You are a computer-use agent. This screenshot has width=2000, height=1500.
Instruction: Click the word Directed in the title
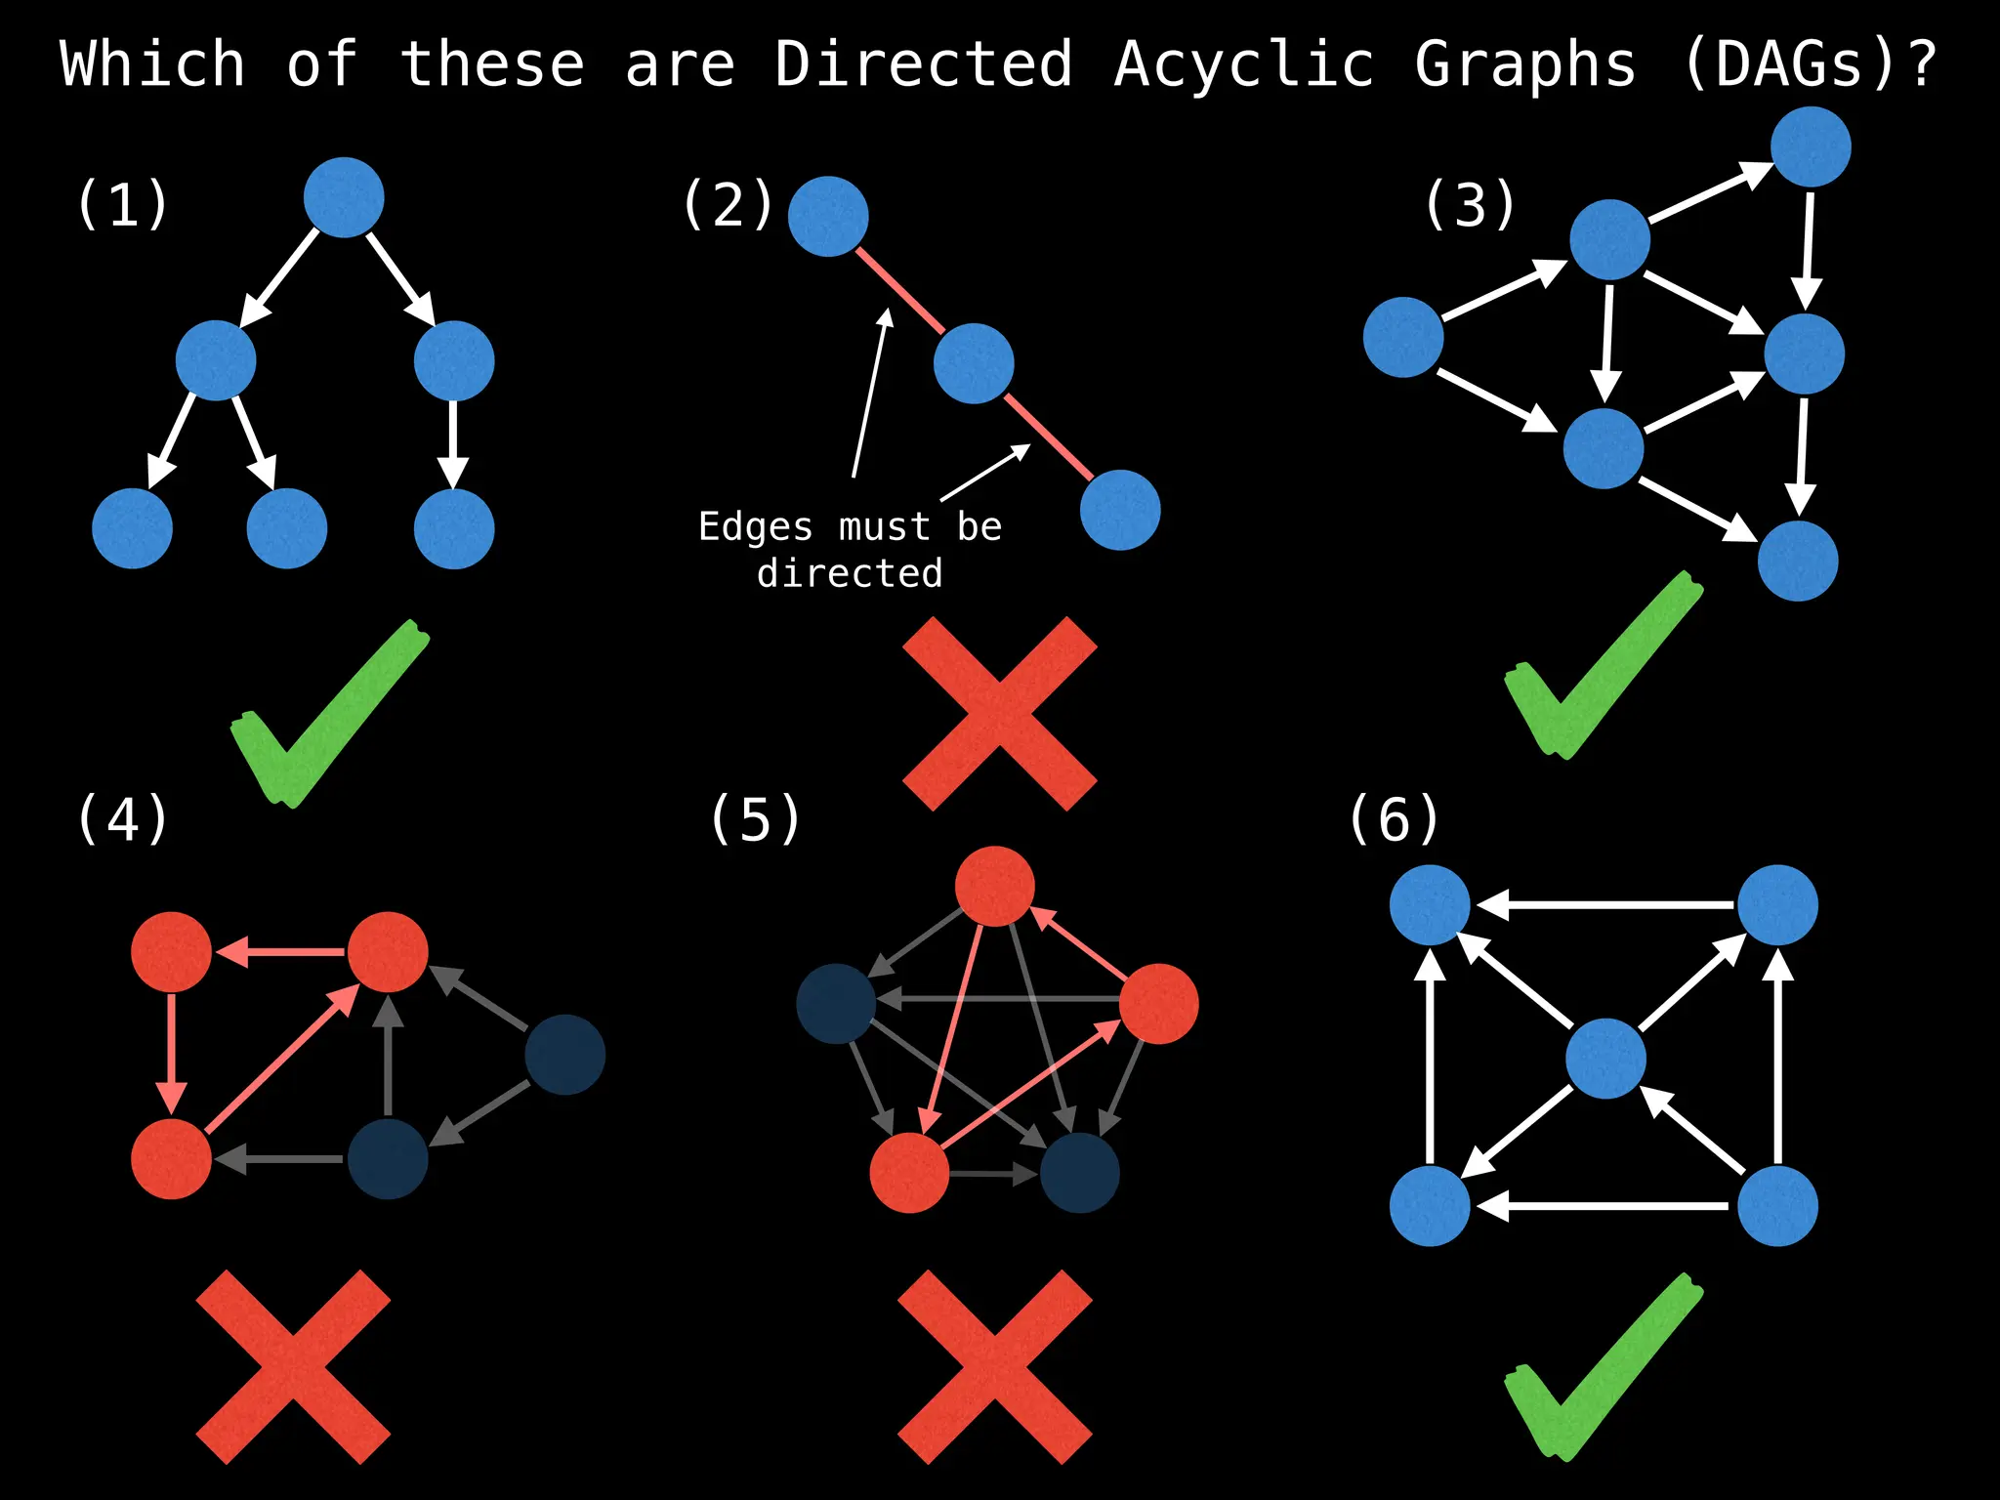point(923,64)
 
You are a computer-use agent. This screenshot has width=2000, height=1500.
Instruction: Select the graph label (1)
point(122,205)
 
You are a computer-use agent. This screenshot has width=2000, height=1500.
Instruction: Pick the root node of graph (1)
point(344,197)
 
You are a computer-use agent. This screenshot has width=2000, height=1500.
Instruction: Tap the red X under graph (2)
point(1000,713)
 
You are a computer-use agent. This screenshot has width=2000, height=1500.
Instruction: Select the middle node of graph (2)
point(974,363)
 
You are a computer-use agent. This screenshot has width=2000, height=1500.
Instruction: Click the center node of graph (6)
point(1605,1059)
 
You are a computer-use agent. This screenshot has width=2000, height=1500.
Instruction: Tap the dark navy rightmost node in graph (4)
point(565,1055)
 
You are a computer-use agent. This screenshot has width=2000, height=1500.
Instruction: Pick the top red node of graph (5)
point(994,887)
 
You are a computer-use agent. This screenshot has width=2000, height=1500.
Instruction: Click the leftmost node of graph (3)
point(1403,338)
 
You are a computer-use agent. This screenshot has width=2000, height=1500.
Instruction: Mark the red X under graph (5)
point(994,1367)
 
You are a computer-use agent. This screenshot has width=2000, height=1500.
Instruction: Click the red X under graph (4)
point(293,1367)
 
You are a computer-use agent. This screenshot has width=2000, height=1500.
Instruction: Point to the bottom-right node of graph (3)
point(1798,562)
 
